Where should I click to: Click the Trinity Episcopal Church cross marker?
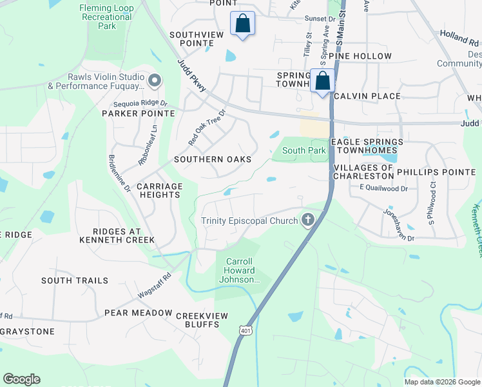308,221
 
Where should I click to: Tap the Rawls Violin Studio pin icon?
154,81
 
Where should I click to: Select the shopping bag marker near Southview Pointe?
242,24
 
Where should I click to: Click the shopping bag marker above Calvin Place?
323,81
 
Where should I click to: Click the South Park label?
304,151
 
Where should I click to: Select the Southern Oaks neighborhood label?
213,159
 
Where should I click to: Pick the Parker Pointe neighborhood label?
139,114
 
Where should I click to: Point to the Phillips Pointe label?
436,172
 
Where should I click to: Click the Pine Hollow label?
360,56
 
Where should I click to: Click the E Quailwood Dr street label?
383,188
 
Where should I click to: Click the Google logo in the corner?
21,379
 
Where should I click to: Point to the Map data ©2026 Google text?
441,382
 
